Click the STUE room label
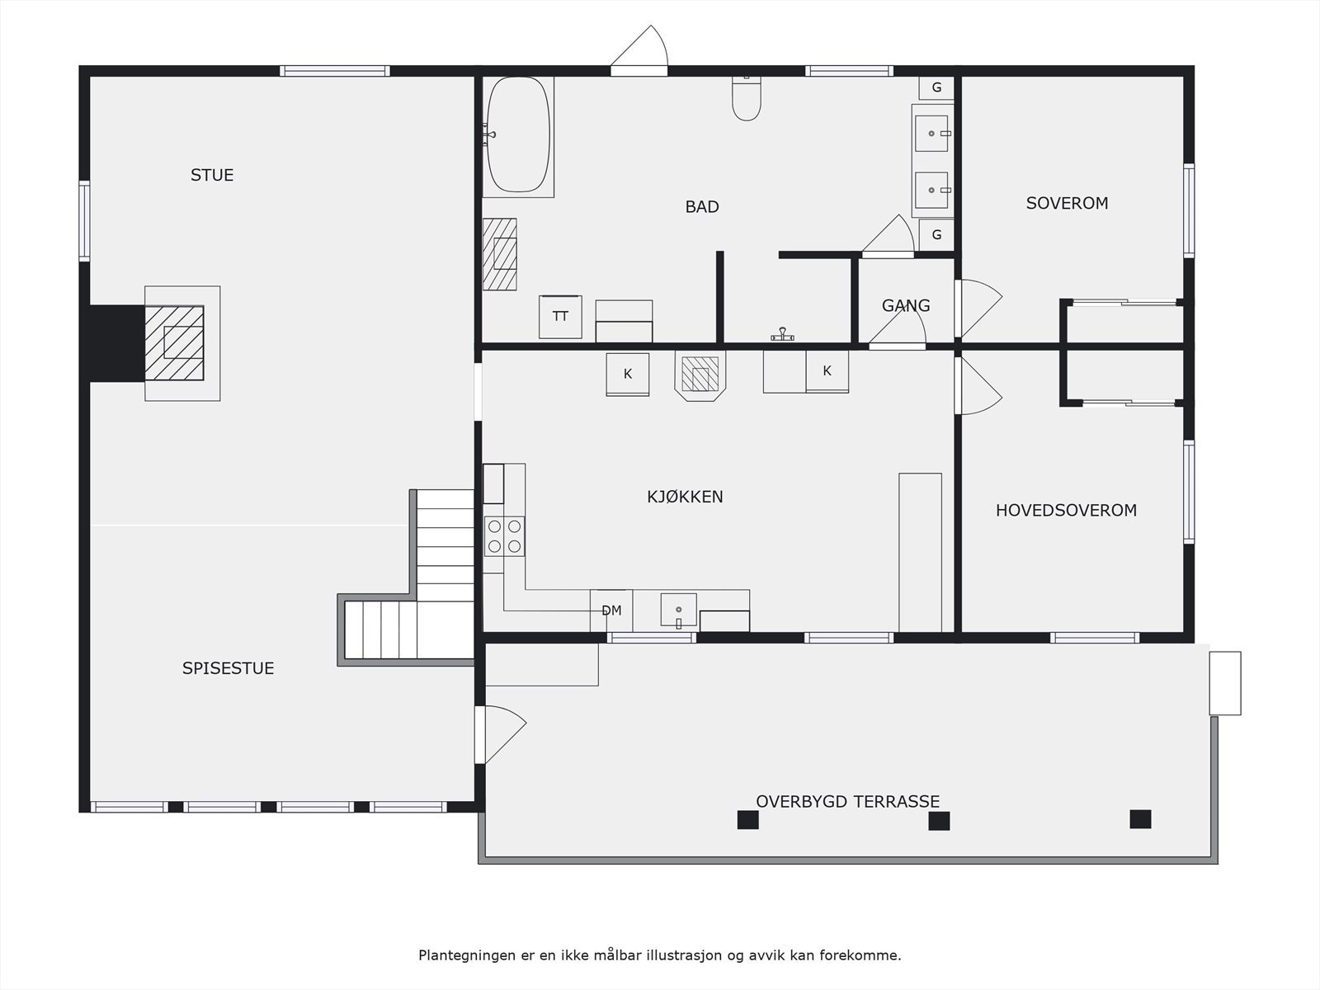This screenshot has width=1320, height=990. [x=212, y=175]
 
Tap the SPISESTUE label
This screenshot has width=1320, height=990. [x=228, y=668]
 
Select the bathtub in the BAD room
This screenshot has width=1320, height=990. [x=518, y=135]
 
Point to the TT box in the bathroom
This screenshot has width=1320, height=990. [x=560, y=317]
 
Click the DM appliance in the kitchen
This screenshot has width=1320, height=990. [x=611, y=610]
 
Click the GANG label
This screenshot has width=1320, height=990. [x=906, y=306]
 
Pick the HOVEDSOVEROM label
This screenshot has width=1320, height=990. [x=1066, y=511]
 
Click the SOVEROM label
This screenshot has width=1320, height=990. [x=1067, y=203]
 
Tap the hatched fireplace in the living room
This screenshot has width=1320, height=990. [x=174, y=342]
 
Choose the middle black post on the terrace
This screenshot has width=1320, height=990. [x=939, y=821]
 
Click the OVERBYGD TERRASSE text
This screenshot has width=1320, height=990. [x=847, y=801]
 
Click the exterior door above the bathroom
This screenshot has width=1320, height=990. [x=639, y=51]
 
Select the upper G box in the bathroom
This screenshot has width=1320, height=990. [x=936, y=87]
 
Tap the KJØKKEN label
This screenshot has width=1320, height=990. [x=685, y=497]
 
